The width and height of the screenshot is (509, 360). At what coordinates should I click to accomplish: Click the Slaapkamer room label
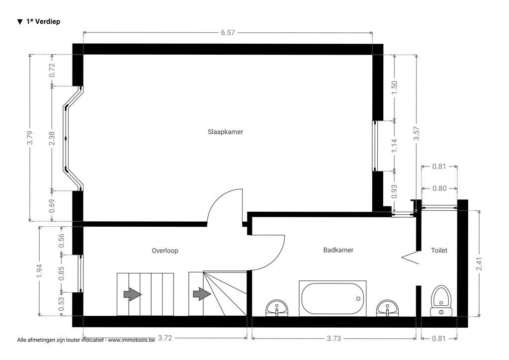click(225, 132)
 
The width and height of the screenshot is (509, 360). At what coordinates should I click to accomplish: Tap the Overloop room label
click(165, 251)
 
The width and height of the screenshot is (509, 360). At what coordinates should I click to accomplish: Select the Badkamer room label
click(338, 250)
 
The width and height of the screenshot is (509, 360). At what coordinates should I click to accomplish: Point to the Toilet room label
click(439, 251)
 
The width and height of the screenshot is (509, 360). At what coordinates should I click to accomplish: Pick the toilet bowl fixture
click(440, 301)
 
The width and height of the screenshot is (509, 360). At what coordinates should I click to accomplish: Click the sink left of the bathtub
click(276, 308)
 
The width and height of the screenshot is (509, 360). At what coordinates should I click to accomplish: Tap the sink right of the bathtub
click(387, 308)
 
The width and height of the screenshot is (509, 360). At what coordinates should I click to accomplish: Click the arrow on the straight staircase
click(132, 294)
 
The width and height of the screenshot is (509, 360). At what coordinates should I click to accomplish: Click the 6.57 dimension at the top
click(228, 33)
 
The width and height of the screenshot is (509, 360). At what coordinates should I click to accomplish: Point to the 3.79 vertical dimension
click(30, 138)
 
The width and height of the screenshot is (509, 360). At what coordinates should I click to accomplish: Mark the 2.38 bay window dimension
click(52, 138)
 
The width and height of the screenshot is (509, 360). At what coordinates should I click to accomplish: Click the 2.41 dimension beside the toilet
click(479, 263)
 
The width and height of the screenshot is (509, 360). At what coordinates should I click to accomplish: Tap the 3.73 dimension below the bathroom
click(334, 338)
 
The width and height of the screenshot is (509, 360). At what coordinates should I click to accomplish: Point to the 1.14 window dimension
click(395, 145)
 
